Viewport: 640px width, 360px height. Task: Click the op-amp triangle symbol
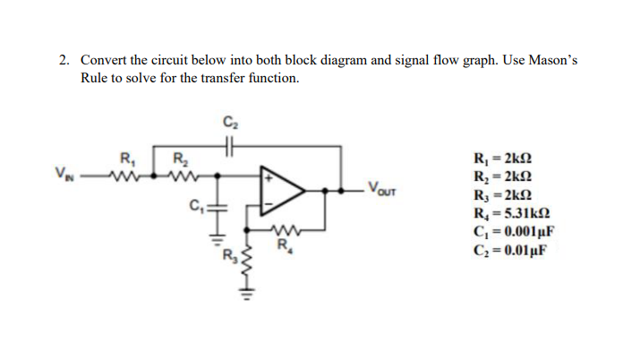285,190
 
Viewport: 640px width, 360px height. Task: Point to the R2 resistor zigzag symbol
182,174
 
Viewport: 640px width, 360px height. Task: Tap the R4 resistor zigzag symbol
284,229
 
